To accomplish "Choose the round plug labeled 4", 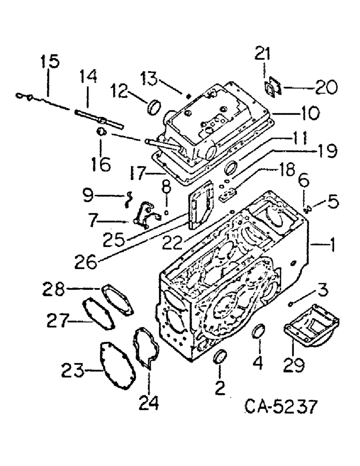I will point(257,333).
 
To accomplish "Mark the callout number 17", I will point(139,175).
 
